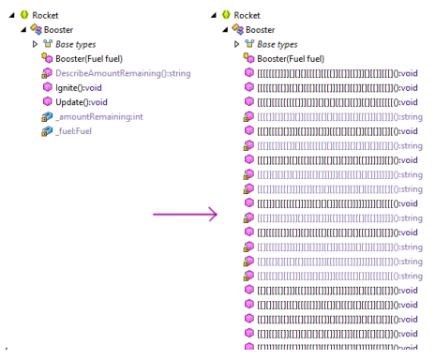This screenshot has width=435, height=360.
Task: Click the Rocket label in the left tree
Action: (45, 15)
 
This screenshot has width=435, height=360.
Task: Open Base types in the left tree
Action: (75, 44)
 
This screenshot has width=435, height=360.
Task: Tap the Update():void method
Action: (82, 101)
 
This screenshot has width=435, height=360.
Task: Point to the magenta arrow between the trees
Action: (186, 215)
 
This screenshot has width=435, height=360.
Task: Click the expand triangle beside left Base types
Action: (36, 44)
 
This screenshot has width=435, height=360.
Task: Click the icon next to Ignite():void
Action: (47, 87)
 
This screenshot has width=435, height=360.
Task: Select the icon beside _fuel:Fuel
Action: (47, 130)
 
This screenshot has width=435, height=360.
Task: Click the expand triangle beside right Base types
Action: (237, 44)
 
